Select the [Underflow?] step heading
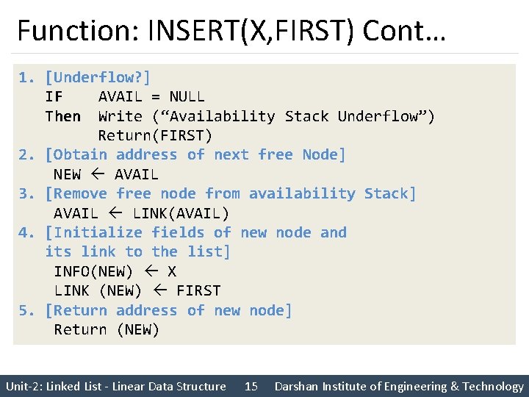(98, 77)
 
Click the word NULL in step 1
(187, 96)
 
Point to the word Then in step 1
(62, 116)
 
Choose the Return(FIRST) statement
(155, 135)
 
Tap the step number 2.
(26, 155)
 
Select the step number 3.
(26, 193)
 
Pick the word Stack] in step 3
(390, 193)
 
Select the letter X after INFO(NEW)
(172, 271)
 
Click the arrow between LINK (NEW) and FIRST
(159, 290)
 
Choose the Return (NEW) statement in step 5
(107, 329)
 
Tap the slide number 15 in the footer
(251, 387)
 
